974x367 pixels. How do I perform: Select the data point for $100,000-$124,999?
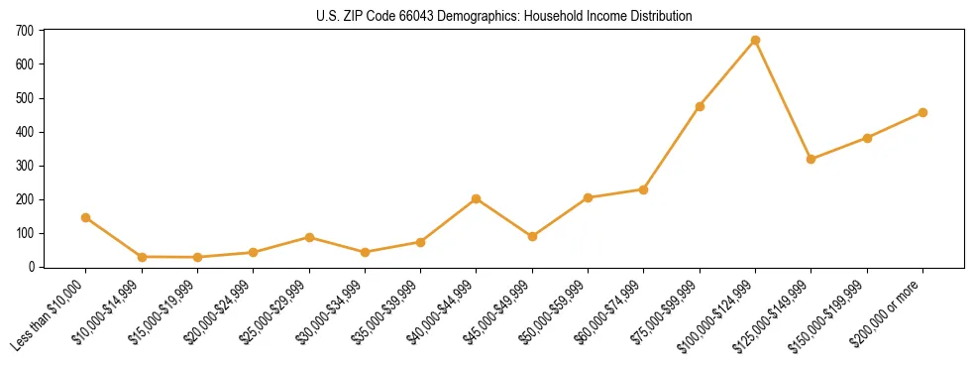(755, 41)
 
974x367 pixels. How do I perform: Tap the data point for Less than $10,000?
(86, 217)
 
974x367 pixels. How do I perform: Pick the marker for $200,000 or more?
(922, 112)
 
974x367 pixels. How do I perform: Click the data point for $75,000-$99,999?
(700, 106)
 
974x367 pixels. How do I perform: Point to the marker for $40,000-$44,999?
(477, 198)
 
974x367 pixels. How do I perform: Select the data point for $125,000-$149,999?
(812, 159)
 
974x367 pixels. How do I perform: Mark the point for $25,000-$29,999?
(309, 237)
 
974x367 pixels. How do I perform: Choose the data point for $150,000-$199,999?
(867, 138)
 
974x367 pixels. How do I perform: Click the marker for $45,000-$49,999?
(532, 236)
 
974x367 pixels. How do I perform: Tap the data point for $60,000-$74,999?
(644, 189)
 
